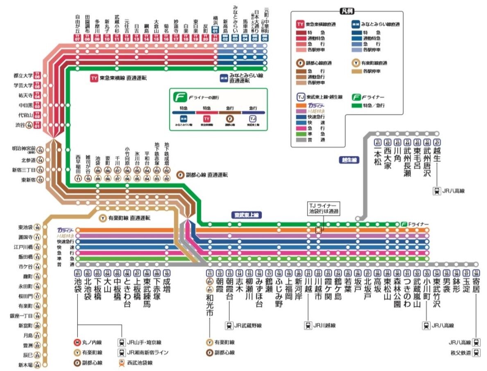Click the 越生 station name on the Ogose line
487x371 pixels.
(x=437, y=157)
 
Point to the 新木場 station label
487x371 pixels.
(x=26, y=365)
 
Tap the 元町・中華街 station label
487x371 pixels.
(x=266, y=20)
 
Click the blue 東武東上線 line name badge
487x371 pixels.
(x=246, y=215)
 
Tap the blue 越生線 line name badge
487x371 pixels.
(x=349, y=160)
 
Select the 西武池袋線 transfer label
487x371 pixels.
(x=143, y=363)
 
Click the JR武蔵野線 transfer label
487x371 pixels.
(x=248, y=326)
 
